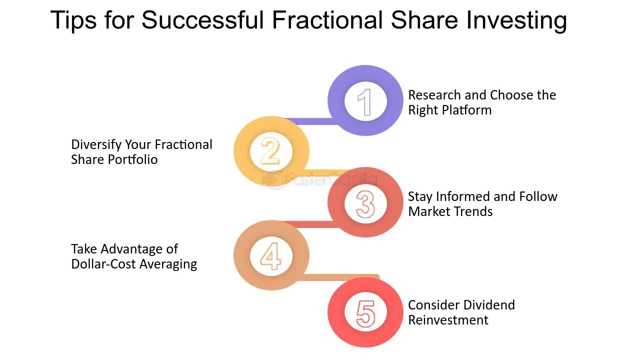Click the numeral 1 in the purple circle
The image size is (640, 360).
tap(365, 102)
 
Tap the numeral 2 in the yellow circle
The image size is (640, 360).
tap(270, 150)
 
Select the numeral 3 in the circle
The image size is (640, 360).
tap(365, 204)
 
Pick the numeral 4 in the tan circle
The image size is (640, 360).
tap(270, 256)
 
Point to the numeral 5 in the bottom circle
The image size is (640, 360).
tap(365, 313)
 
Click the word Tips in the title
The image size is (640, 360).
tap(73, 20)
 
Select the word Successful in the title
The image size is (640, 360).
tap(202, 19)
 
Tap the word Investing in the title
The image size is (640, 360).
tap(516, 20)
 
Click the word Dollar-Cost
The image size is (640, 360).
tap(103, 264)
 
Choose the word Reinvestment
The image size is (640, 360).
tap(448, 320)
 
